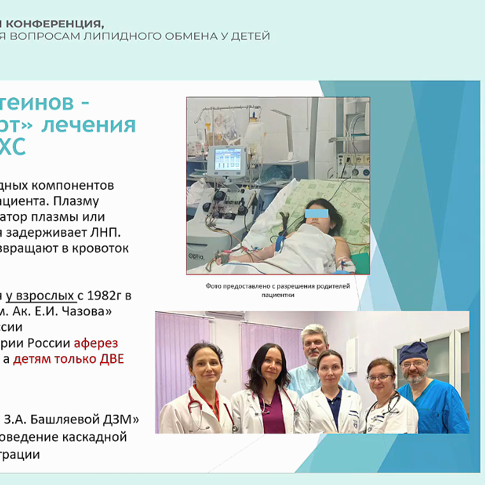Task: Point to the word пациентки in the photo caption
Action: coord(278,295)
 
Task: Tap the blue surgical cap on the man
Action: coord(413,350)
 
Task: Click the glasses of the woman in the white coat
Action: coord(380,378)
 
